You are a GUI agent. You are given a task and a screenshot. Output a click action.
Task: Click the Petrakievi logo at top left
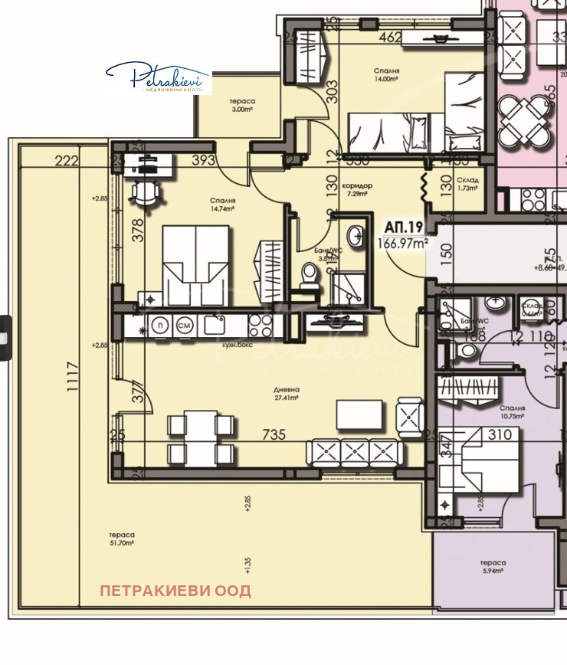pyautogui.click(x=158, y=78)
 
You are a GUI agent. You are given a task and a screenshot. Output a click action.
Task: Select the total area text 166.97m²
pyautogui.click(x=402, y=243)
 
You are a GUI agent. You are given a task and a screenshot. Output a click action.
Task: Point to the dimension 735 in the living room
pyautogui.click(x=274, y=434)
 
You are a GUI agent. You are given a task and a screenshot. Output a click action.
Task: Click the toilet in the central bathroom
pyautogui.click(x=310, y=277)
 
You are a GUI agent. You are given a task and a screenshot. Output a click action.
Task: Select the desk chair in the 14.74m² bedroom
pyautogui.click(x=146, y=192)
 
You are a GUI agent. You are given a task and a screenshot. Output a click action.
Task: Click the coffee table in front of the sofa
pyautogui.click(x=360, y=415)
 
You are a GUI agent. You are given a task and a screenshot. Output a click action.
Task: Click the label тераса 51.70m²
pyautogui.click(x=121, y=539)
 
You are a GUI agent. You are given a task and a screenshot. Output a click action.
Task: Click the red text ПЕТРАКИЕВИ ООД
pyautogui.click(x=175, y=591)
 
